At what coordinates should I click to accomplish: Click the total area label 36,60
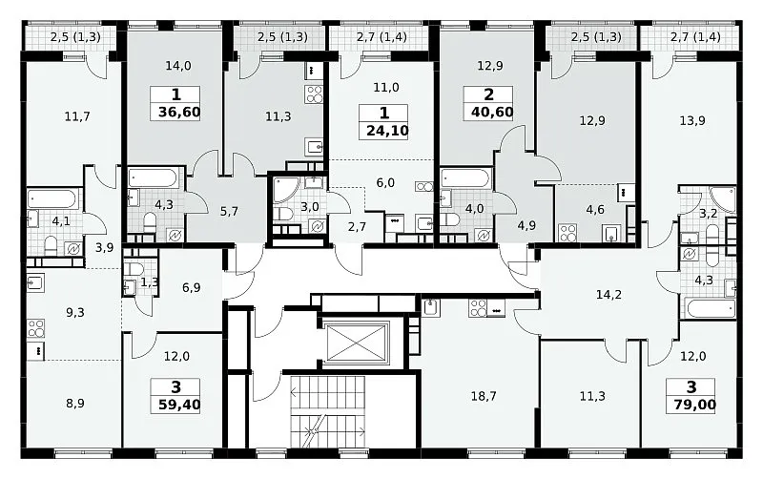[179, 113]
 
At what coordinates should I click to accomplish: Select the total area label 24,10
[387, 131]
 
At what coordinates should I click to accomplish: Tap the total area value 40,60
[492, 113]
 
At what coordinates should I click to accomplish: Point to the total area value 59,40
[179, 405]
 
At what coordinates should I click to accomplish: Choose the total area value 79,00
[695, 405]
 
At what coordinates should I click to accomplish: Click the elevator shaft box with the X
[358, 344]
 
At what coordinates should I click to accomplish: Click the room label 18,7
[484, 396]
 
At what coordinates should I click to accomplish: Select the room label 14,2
[608, 295]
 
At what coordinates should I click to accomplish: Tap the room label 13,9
[692, 120]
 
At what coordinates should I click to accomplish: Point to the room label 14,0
[178, 66]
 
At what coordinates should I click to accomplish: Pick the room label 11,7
[77, 116]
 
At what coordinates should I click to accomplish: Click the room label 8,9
[75, 403]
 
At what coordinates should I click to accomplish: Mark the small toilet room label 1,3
[150, 281]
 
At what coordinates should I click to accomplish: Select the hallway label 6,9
[192, 288]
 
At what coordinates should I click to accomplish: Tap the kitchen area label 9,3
[75, 313]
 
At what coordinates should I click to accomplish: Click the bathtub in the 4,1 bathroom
[52, 198]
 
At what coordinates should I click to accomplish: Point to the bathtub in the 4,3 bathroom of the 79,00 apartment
[711, 308]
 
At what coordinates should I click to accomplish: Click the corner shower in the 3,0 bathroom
[287, 190]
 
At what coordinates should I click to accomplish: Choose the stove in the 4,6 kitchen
[567, 232]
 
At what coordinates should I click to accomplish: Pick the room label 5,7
[229, 211]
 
